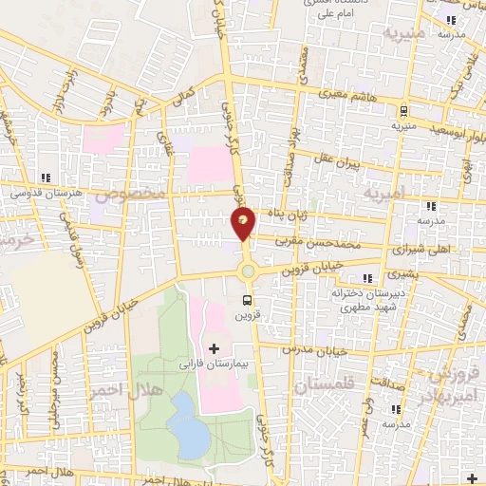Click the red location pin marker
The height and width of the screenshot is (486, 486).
click(244, 223)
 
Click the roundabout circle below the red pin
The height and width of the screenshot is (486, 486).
click(249, 271)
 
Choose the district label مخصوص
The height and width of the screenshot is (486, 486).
click(139, 194)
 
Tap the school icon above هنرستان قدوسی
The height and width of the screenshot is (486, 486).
click(46, 177)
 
